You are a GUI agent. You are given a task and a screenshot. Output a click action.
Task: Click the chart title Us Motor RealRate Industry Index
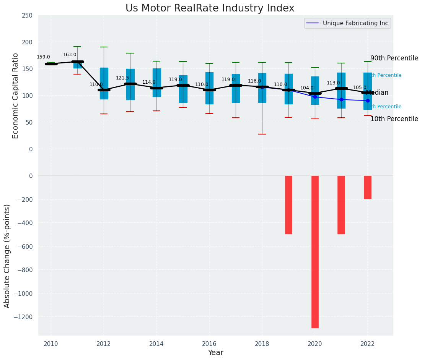(x=210, y=8)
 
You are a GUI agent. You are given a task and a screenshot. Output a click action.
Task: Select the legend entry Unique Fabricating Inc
(x=355, y=23)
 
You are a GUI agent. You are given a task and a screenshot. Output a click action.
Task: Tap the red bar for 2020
(x=315, y=251)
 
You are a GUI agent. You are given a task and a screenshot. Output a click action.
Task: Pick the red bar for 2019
(x=288, y=205)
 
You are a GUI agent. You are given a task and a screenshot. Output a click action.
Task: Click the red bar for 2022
(x=368, y=187)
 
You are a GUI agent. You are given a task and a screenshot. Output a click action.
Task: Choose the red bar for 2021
(x=341, y=205)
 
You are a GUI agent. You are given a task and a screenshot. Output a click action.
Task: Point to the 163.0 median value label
(x=70, y=55)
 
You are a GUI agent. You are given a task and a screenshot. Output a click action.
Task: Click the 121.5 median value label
(x=122, y=78)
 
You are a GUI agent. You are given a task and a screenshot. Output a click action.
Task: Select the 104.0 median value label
(x=307, y=88)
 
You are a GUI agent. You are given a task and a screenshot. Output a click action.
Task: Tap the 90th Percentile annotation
(x=394, y=58)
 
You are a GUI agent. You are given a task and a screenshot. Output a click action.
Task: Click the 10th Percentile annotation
(x=394, y=119)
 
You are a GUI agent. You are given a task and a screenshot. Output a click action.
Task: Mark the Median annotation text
(x=377, y=93)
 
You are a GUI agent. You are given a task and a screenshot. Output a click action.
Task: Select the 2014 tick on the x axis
(x=156, y=344)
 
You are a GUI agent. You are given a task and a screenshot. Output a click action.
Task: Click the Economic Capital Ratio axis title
(x=16, y=96)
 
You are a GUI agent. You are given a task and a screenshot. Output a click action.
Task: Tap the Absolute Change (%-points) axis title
(x=7, y=256)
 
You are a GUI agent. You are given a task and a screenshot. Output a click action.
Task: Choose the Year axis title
(x=216, y=353)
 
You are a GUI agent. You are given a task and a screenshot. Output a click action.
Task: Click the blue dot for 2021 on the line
(x=341, y=99)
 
